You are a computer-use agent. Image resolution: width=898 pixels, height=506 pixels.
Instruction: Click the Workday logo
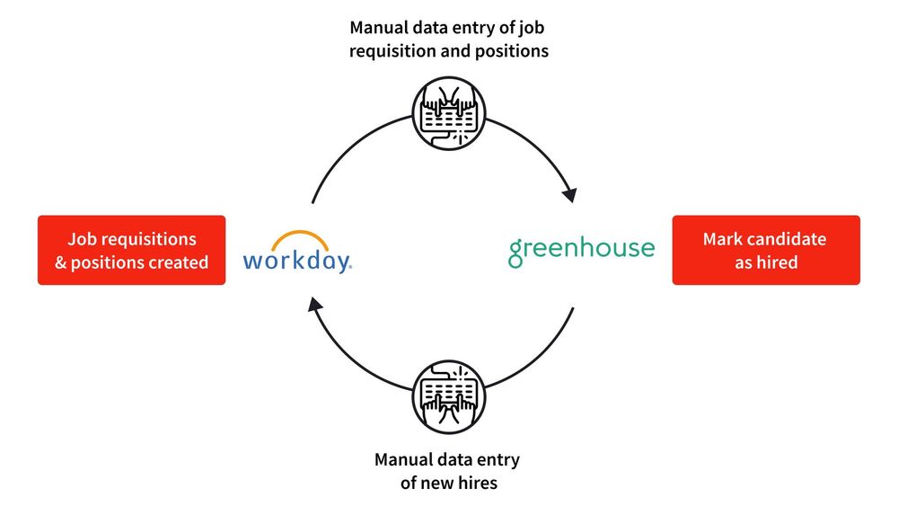(x=297, y=253)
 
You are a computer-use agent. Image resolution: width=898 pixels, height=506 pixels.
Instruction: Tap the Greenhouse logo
(x=581, y=251)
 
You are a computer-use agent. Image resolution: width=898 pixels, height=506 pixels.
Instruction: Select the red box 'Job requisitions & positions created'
(x=132, y=250)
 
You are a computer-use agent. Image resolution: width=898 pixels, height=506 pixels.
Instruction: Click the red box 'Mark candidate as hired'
(x=766, y=250)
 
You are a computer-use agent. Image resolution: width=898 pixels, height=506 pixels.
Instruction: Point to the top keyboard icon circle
(x=449, y=113)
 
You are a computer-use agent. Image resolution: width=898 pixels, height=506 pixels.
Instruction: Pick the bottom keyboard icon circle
(x=449, y=396)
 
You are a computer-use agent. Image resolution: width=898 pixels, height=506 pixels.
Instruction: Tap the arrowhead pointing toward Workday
(x=314, y=305)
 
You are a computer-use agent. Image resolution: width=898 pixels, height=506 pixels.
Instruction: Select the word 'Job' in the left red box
(x=81, y=239)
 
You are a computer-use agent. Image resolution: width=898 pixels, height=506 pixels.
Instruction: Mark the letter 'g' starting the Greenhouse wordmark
(x=516, y=253)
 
